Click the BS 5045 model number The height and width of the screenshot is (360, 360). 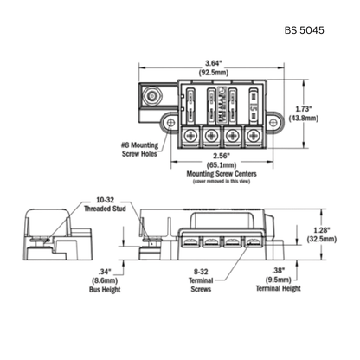click(x=305, y=30)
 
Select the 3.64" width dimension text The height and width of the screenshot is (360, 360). click(x=214, y=63)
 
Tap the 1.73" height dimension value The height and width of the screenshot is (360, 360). click(x=304, y=109)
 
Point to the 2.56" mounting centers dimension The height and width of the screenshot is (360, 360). click(x=222, y=156)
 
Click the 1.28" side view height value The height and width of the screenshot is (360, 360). click(x=322, y=230)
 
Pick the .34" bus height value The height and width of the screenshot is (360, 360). click(x=105, y=272)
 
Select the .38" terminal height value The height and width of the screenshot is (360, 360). click(x=278, y=271)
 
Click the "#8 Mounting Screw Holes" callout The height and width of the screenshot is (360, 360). click(x=139, y=150)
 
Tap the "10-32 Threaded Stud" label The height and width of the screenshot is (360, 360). click(x=105, y=204)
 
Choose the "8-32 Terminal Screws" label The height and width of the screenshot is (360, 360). click(x=201, y=280)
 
